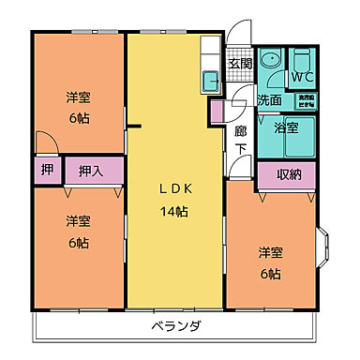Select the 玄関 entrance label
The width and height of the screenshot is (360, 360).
pos(241,64)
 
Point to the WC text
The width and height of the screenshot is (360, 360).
pos(302,75)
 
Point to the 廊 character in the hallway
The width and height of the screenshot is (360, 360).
pos(240,130)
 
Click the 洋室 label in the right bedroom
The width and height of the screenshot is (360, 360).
pos(271,251)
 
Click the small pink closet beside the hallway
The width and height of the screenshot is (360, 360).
pos(217,112)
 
